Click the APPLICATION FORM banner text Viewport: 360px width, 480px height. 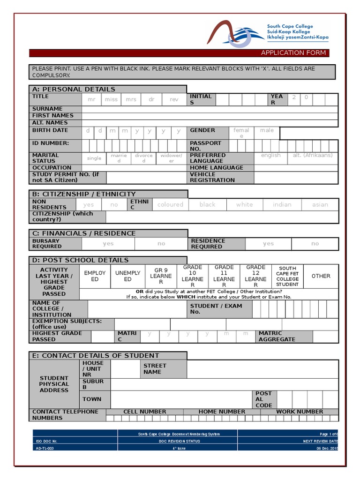(x=293, y=53)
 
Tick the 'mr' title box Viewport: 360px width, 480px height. (x=91, y=99)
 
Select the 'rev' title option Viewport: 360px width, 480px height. (x=174, y=99)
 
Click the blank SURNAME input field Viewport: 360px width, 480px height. (x=209, y=109)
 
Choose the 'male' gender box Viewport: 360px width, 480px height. (x=267, y=131)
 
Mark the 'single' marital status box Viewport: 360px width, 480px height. (x=94, y=158)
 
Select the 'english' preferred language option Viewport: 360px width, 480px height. (x=271, y=156)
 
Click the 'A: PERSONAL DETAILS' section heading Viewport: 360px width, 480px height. (x=73, y=89)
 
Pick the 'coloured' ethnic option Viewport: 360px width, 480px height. (x=170, y=204)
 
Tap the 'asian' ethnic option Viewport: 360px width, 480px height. (x=320, y=204)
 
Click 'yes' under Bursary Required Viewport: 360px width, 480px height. (x=108, y=244)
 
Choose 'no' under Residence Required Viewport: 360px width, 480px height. (x=315, y=244)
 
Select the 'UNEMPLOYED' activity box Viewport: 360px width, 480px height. (x=127, y=276)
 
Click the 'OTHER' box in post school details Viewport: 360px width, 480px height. (x=321, y=276)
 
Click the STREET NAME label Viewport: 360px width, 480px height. (x=155, y=369)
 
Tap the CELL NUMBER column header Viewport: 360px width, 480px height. (x=144, y=412)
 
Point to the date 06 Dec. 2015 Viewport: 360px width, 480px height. (x=327, y=449)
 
